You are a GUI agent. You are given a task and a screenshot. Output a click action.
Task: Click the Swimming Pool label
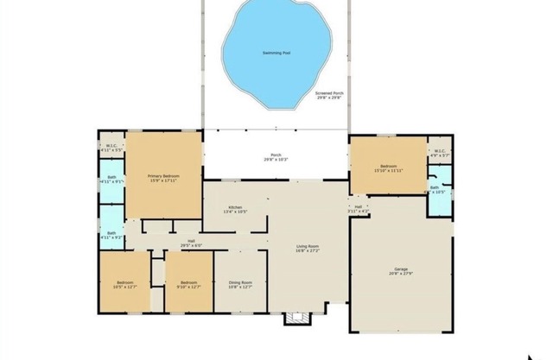click(276, 54)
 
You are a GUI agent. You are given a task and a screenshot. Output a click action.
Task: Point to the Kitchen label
click(234, 207)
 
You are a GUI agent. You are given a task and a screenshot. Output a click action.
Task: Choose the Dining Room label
click(241, 283)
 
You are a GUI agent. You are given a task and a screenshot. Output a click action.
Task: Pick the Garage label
click(401, 269)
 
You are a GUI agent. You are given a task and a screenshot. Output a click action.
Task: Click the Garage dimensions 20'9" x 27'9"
click(401, 275)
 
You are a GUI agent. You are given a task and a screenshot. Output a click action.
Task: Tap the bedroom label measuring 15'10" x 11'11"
click(388, 166)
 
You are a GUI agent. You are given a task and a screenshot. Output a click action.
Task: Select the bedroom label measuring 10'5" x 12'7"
click(126, 283)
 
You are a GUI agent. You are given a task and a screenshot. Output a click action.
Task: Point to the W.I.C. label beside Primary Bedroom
click(112, 145)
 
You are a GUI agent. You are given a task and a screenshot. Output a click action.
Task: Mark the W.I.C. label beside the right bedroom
click(438, 152)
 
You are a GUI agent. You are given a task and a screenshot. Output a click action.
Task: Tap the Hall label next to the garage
click(358, 206)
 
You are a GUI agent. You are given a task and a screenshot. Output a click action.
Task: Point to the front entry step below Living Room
click(296, 319)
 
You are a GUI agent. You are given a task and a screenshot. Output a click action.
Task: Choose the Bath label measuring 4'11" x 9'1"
click(112, 181)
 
